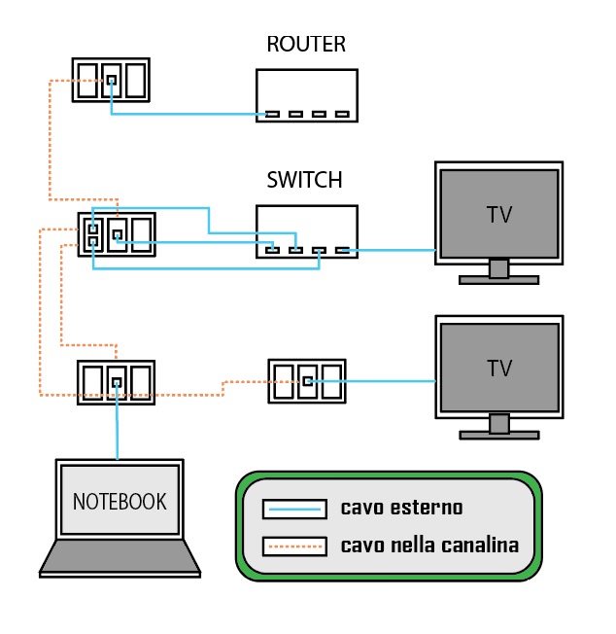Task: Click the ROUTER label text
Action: click(x=306, y=45)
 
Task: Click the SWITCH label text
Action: click(x=304, y=180)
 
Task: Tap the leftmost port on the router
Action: click(x=273, y=115)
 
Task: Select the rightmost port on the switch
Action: click(x=342, y=251)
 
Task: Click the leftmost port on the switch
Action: click(x=273, y=251)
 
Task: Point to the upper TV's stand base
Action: click(x=498, y=280)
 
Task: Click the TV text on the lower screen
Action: click(x=499, y=369)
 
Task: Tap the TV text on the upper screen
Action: click(x=499, y=214)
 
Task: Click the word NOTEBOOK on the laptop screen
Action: click(x=120, y=502)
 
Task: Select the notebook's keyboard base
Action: click(x=120, y=557)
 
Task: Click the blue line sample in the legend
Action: click(x=293, y=509)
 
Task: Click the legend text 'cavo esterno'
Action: click(x=401, y=508)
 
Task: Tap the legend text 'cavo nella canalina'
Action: click(x=429, y=545)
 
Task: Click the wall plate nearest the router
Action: click(x=111, y=80)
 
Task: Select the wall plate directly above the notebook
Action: click(x=116, y=382)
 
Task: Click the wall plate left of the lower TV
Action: click(x=307, y=381)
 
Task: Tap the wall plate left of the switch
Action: click(x=116, y=234)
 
